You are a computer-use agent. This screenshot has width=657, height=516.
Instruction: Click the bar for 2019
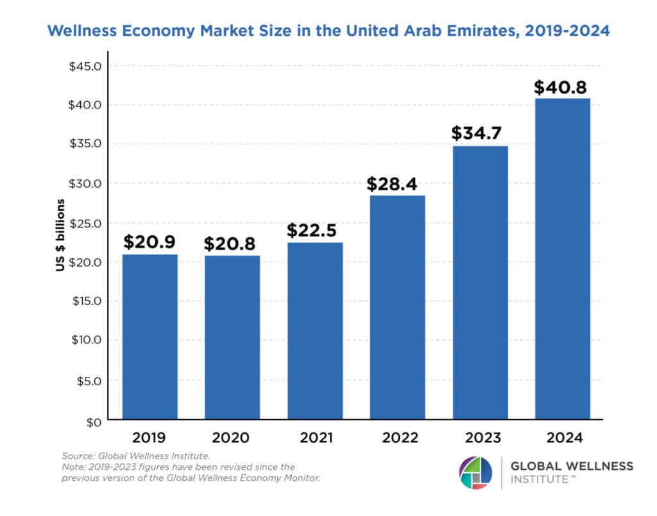tap(150, 337)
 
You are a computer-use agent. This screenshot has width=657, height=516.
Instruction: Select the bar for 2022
tap(397, 308)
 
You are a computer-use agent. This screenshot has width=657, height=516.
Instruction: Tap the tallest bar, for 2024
tap(562, 260)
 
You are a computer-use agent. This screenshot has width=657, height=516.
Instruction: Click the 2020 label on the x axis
tap(232, 438)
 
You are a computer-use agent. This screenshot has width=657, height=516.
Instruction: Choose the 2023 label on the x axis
tap(479, 438)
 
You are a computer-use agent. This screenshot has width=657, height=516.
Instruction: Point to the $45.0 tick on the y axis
tap(86, 66)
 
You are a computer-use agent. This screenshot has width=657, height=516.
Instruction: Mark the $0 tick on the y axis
tap(94, 421)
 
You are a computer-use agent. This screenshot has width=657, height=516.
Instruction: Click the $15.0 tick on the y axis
tap(86, 301)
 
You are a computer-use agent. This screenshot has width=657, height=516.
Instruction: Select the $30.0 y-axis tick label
tap(86, 183)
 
